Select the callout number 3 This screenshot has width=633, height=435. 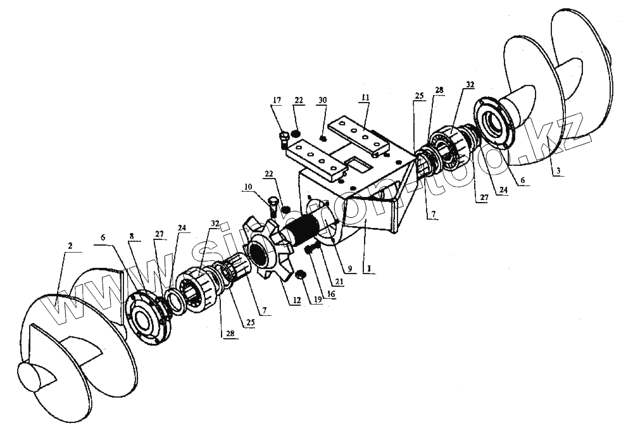pyautogui.click(x=557, y=172)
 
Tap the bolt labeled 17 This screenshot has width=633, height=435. pyautogui.click(x=284, y=137)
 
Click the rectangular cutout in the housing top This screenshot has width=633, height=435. pyautogui.click(x=359, y=164)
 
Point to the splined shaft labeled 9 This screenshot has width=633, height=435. pyautogui.click(x=304, y=227)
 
